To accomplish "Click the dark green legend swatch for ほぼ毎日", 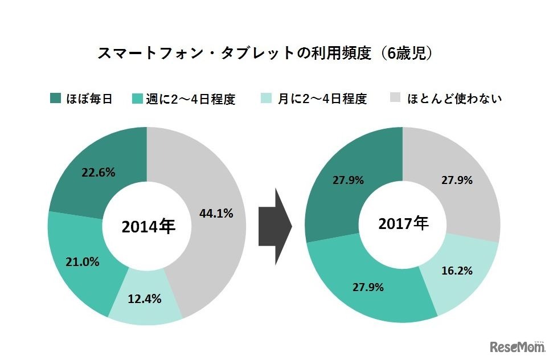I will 55,98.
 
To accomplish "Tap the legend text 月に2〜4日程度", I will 322,99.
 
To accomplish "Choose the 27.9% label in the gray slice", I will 457,180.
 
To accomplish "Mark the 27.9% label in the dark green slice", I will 347,180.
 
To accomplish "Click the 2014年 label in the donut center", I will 147,227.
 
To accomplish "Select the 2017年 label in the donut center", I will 403,225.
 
